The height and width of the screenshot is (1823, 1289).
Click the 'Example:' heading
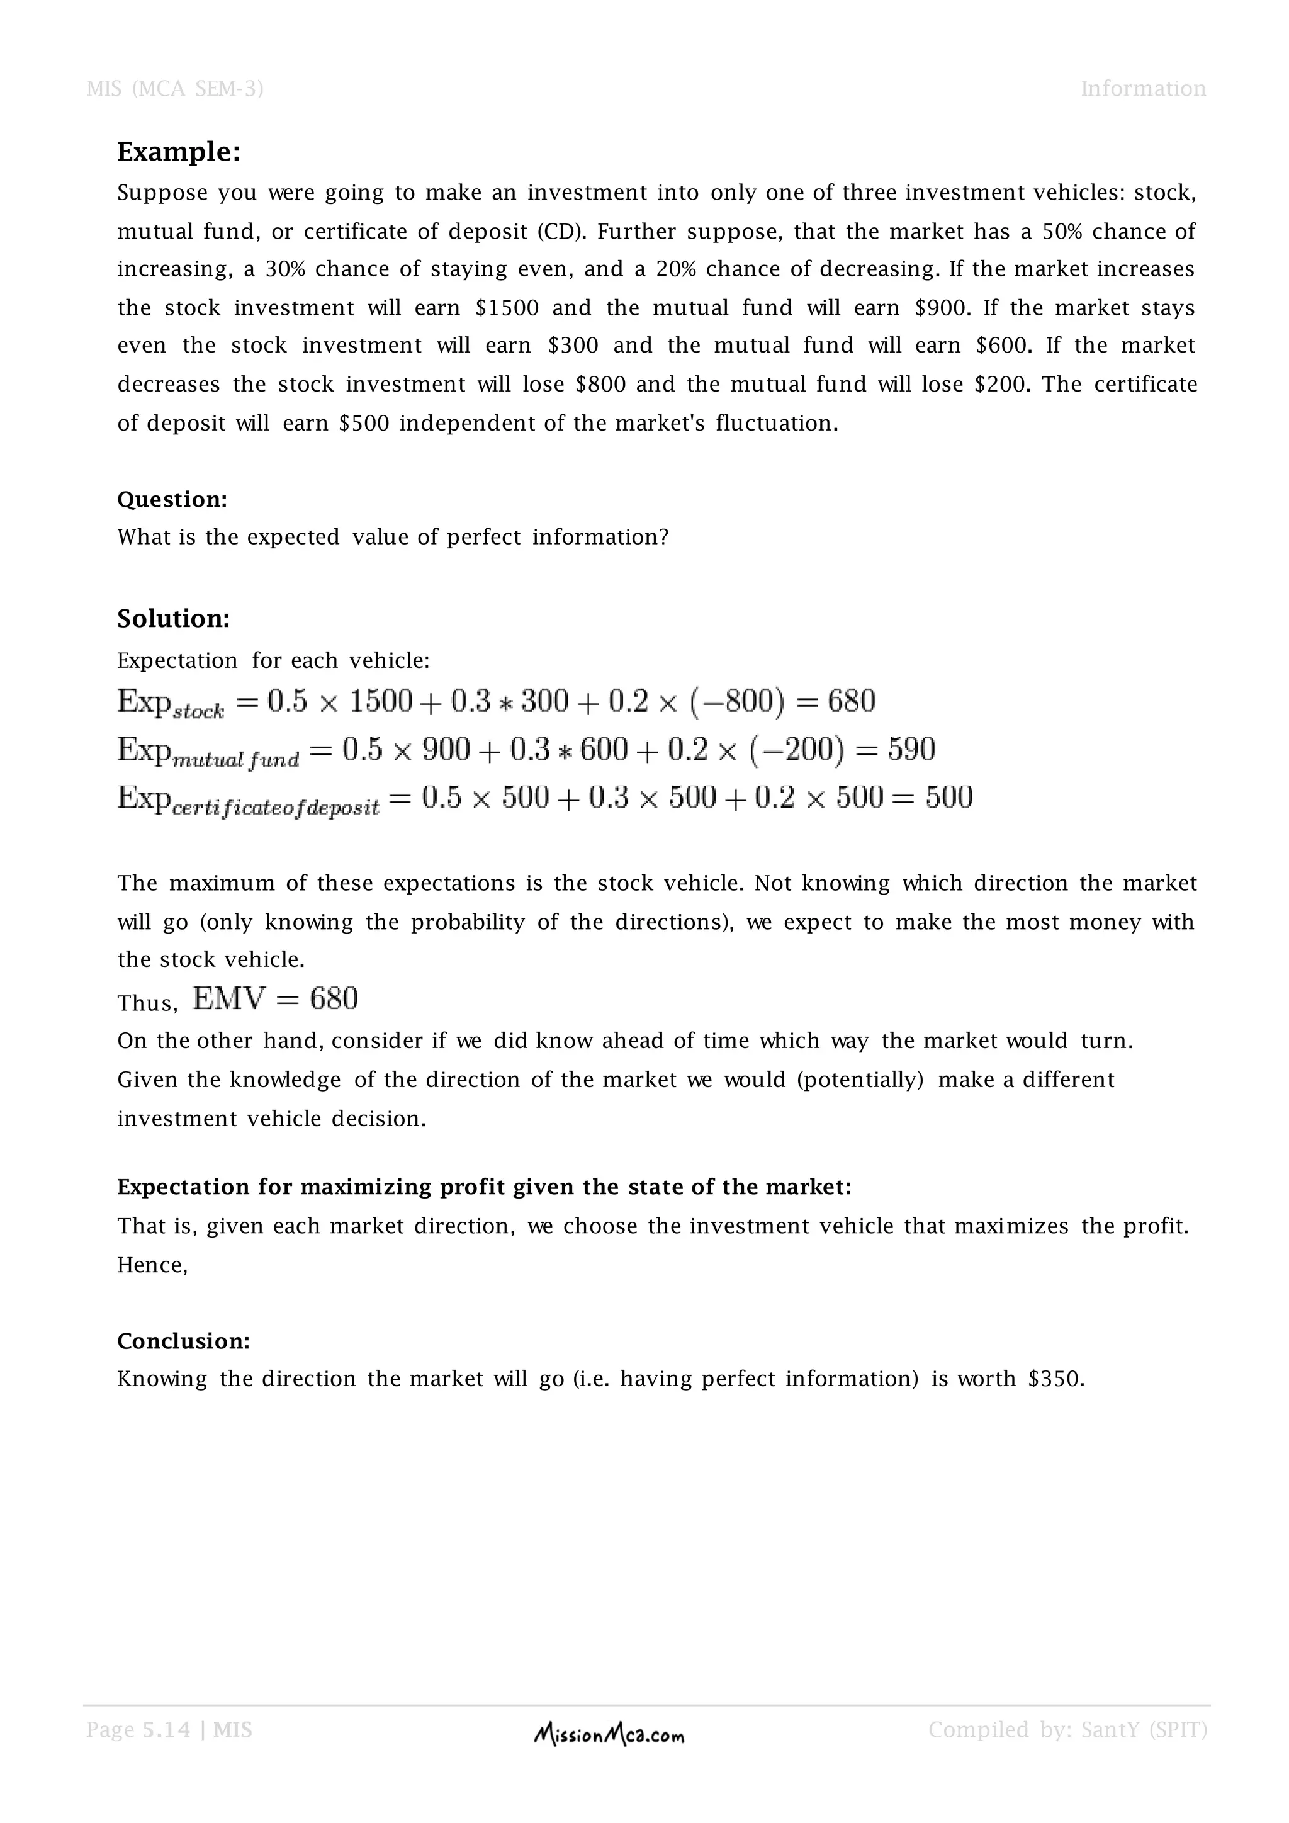tap(179, 152)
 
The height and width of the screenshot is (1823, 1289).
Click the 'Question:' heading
tap(172, 499)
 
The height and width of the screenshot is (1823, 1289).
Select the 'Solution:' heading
tap(174, 619)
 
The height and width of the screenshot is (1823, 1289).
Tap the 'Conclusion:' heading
tap(183, 1341)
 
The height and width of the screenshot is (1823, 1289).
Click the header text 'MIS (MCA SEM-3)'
tap(174, 88)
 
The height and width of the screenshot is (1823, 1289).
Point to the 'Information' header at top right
tap(1142, 88)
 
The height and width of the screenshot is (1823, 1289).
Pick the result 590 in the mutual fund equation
tap(911, 748)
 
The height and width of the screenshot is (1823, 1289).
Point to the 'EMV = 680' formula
tap(276, 998)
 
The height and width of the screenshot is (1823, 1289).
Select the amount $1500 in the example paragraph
tap(507, 308)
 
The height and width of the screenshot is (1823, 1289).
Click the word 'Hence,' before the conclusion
tap(152, 1265)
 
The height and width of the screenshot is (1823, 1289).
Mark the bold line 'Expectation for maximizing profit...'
tap(484, 1187)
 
